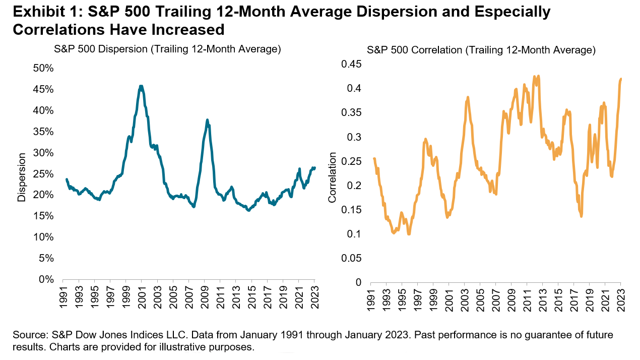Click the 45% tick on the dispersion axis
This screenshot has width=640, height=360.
(44, 89)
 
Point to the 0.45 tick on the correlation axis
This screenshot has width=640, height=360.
(352, 65)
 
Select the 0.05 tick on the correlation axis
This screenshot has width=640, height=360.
(352, 258)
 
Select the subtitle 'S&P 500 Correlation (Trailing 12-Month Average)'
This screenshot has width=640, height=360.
(481, 50)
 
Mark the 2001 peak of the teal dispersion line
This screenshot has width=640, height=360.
(141, 87)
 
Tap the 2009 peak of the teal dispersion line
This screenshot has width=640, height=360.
(207, 120)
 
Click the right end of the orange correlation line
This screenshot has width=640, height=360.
(621, 79)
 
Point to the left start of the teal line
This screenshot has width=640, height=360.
(67, 179)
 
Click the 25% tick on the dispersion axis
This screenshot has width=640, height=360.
(44, 174)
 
